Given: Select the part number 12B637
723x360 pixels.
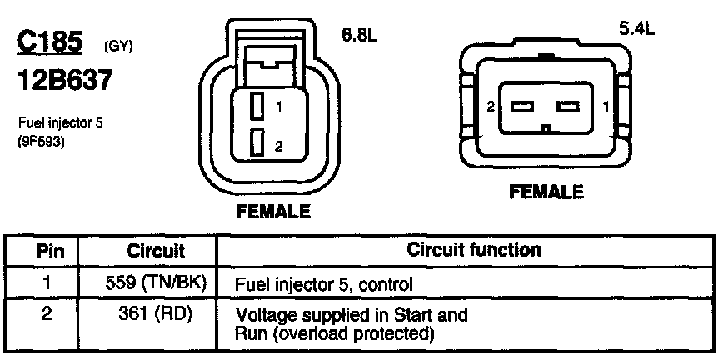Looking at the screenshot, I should tap(65, 81).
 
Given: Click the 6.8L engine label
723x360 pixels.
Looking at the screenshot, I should tap(360, 37).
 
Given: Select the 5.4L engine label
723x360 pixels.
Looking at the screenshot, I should tap(636, 28).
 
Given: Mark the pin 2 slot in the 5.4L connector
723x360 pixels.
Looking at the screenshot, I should tap(521, 107).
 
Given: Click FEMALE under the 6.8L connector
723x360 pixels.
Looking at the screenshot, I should tap(273, 211).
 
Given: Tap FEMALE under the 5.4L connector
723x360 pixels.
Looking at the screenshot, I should tap(546, 192).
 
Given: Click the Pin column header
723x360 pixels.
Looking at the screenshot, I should tap(46, 250).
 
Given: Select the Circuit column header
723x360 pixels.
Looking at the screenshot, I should tap(155, 250).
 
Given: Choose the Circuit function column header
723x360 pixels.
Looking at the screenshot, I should tap(474, 249).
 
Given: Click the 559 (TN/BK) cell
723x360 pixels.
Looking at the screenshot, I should tap(155, 283).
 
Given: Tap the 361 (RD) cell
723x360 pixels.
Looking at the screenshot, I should tap(155, 316).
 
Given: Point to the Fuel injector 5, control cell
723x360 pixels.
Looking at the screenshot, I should tap(325, 284).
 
